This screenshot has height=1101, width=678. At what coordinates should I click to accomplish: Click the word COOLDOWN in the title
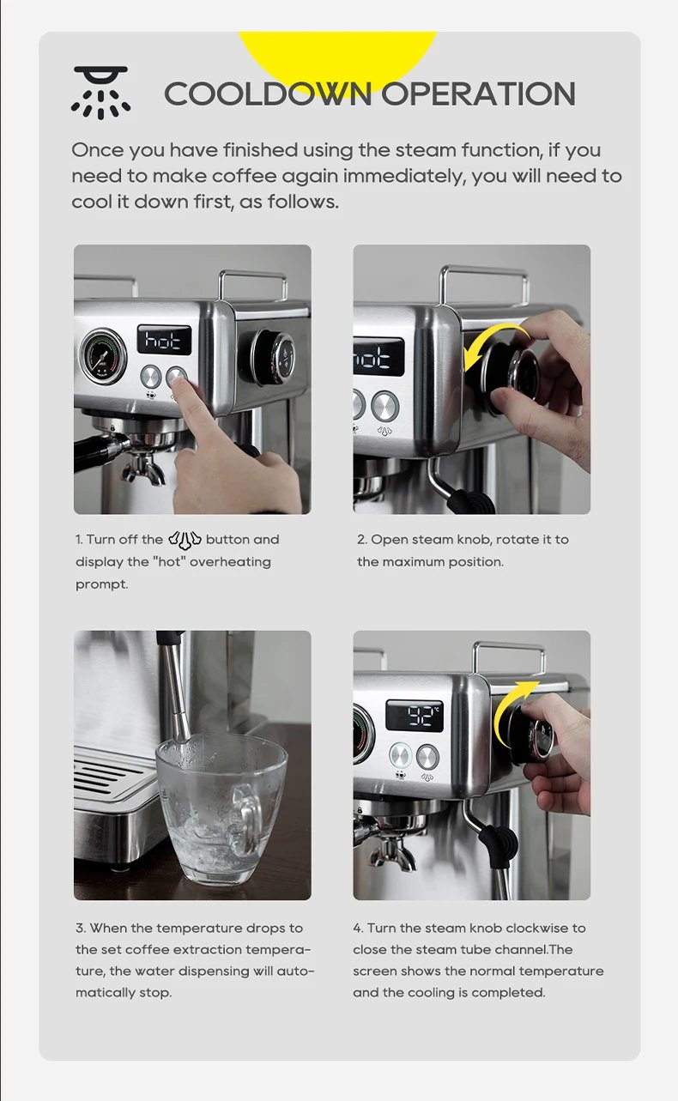coord(269,94)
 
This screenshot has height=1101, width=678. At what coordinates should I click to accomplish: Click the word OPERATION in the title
coord(478,94)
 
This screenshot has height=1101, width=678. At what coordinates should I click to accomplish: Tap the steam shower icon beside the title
coord(100,92)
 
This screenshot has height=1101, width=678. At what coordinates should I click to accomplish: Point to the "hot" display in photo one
coord(165,342)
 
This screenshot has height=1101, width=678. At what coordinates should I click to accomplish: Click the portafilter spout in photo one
coord(142,469)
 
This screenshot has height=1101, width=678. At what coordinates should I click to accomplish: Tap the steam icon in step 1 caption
coord(185,540)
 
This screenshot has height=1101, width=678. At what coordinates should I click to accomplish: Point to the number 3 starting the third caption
coord(79,928)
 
